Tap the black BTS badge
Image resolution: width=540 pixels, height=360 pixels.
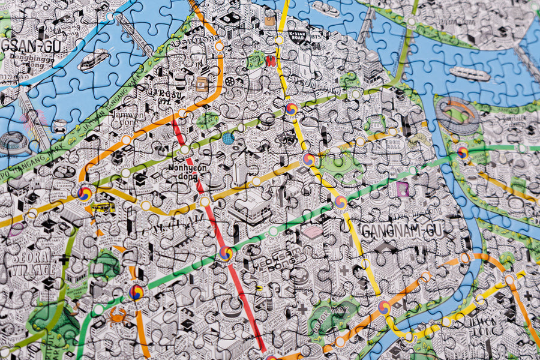point(316,37)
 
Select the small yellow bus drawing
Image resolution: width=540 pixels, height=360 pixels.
point(103,208)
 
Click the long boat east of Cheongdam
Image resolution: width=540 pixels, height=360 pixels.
point(470,73)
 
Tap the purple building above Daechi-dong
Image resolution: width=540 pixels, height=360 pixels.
point(402,190)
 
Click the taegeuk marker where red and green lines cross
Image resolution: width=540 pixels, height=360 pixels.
point(226,254)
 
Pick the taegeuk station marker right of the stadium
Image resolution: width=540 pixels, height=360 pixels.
point(463,152)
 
